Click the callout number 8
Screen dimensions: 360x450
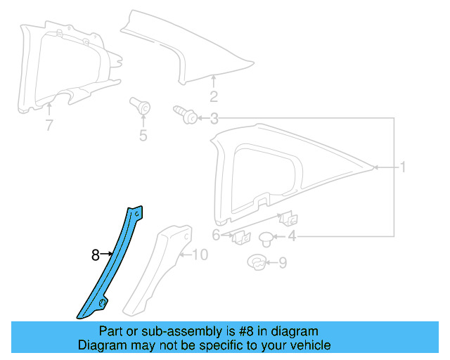click(96, 256)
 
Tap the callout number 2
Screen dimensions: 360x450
click(214, 97)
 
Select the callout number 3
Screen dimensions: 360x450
click(214, 119)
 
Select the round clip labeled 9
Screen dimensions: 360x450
click(257, 264)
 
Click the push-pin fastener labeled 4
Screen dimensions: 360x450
click(267, 237)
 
